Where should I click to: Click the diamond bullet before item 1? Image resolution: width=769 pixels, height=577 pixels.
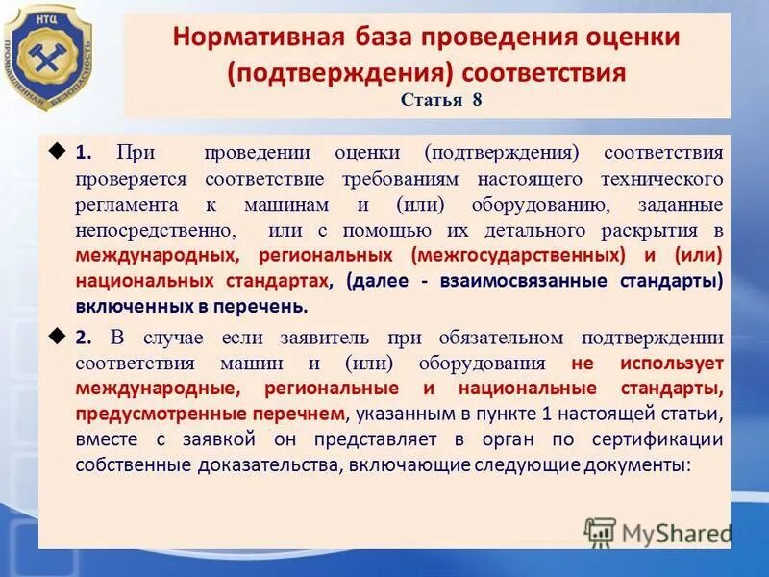coord(55,151)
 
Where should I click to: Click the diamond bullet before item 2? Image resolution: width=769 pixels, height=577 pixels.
coord(55,335)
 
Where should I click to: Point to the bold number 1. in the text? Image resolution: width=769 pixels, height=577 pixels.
coord(85,152)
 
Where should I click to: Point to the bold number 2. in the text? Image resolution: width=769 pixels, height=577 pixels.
coord(85,336)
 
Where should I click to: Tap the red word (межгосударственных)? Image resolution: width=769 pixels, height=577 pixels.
coord(517,256)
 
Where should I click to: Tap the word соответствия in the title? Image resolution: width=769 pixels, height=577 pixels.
coord(544,72)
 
